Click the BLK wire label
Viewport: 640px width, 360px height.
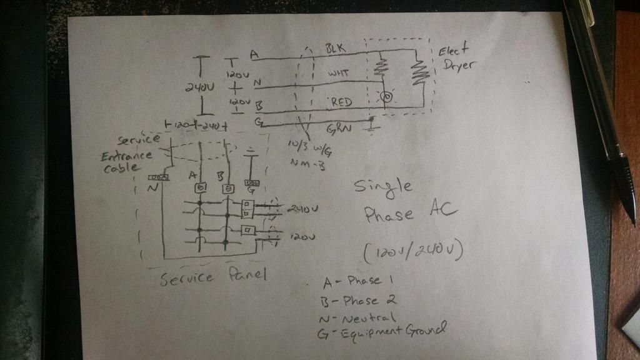[x=335, y=48]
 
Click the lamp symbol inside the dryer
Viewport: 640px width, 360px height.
[x=387, y=97]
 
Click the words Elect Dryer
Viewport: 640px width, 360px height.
[x=455, y=57]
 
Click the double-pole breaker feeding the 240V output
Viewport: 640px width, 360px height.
[x=247, y=207]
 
